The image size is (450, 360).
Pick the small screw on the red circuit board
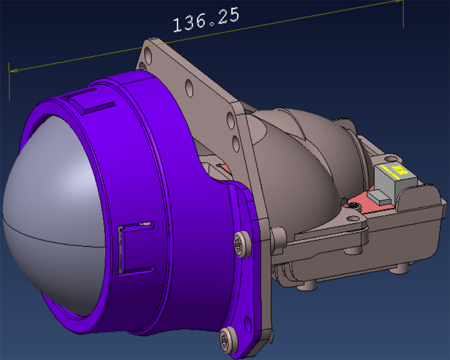pos(354,206)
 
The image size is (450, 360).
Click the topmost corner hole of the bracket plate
pos(149,54)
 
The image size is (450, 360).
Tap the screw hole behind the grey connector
pos(387,158)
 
